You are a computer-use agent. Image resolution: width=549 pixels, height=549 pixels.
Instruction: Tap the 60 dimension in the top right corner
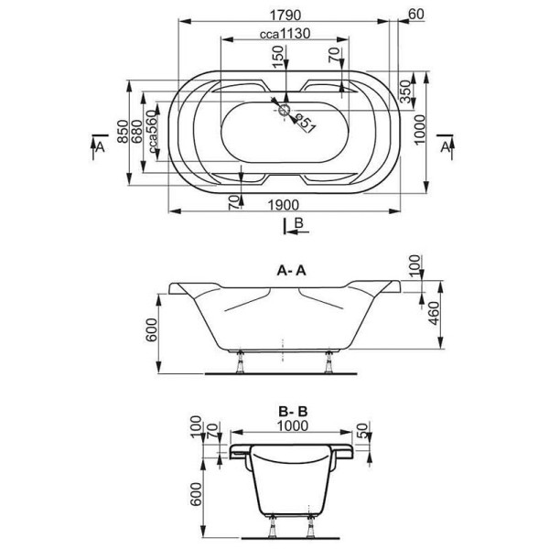tap(415, 14)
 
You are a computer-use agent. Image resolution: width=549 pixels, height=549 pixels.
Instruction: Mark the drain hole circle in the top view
tap(285, 112)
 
